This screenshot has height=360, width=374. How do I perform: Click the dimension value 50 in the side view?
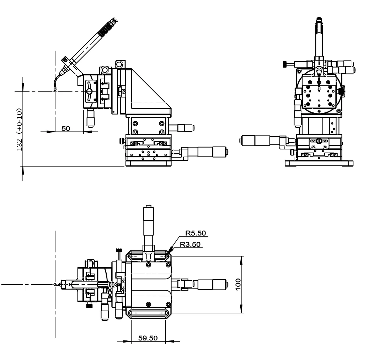click(66, 128)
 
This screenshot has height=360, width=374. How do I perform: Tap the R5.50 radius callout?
click(195, 234)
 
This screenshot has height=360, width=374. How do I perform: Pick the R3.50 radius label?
click(191, 244)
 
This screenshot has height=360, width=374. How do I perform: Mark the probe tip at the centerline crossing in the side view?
click(55, 90)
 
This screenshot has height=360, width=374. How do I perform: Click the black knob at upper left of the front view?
click(284, 64)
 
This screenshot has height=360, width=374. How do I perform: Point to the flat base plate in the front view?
click(319, 163)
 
